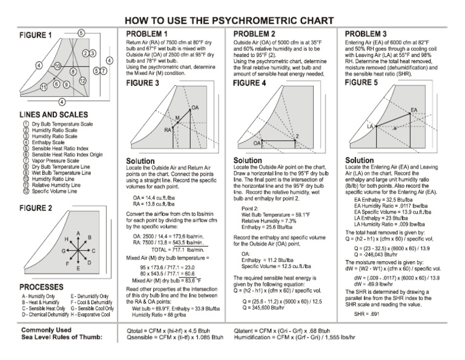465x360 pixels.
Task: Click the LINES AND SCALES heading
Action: coord(53,114)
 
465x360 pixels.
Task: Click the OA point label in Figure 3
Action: coord(194,107)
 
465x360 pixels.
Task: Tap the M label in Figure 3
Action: coord(177,117)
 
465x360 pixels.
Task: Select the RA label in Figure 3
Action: coord(168,130)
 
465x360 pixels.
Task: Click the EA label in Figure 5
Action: coord(414,110)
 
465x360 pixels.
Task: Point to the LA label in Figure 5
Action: coord(369,126)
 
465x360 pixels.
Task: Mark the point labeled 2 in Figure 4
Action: coord(297,136)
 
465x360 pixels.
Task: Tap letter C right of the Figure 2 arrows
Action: coord(93,250)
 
